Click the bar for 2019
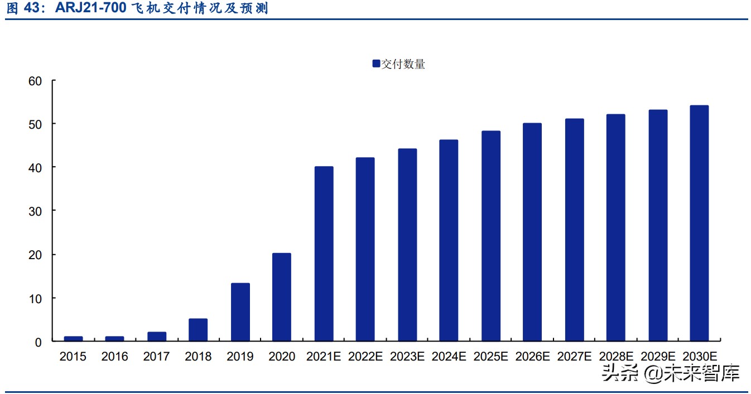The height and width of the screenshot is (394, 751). pos(240,312)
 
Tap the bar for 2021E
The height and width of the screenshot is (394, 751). pos(324,254)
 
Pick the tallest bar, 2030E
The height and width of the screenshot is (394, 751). pos(699,223)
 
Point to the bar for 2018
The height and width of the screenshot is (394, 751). pos(198,330)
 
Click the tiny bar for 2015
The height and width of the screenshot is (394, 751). pos(73,338)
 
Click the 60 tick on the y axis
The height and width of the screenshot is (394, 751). pos(35,81)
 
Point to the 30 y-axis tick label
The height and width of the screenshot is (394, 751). pos(35,211)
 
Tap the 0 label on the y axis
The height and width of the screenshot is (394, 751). pos(38,342)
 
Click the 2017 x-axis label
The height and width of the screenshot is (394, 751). pos(156,357)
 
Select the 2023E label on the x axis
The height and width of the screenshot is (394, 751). pos(407,357)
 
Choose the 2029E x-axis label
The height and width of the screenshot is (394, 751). pos(657,357)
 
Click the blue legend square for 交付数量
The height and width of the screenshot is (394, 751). pos(376,64)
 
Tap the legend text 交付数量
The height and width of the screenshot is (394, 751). pos(403,64)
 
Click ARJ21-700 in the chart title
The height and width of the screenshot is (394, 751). pos(90,8)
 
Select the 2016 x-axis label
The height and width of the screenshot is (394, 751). pos(115,357)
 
